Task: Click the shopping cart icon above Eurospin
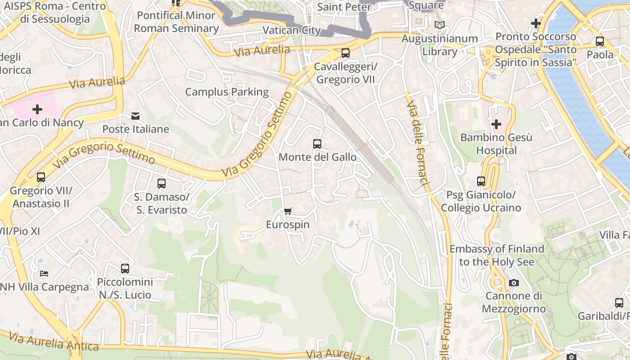click(288, 211)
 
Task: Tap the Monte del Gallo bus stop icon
click(317, 144)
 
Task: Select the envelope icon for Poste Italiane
click(135, 116)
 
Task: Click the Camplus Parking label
click(227, 92)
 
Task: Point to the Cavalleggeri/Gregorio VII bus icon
click(345, 53)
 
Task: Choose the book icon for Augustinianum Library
click(439, 25)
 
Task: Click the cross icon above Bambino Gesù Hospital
click(496, 124)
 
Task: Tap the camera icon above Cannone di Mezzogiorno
click(513, 283)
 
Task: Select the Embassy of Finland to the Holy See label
click(497, 255)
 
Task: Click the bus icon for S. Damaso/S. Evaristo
click(162, 184)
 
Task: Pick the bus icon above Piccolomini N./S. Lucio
click(125, 269)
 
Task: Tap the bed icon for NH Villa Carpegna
click(44, 273)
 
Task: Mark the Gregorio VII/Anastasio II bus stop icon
click(41, 177)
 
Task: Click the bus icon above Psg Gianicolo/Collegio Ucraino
click(481, 181)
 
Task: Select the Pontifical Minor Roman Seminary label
click(176, 22)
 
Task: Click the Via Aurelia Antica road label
click(54, 342)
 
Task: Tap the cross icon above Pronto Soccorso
click(535, 23)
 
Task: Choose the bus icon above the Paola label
click(600, 41)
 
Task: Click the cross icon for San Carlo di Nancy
click(37, 109)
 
